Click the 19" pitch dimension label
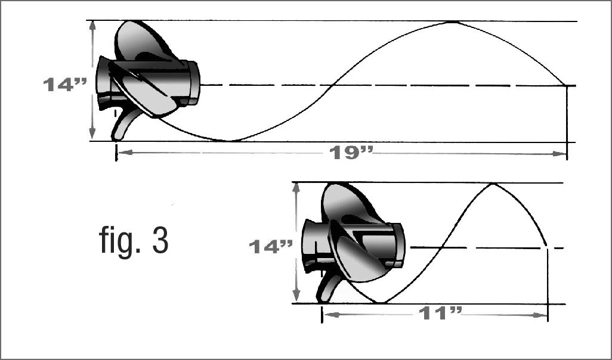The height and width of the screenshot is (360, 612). click(351, 153)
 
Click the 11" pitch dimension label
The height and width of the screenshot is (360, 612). click(440, 313)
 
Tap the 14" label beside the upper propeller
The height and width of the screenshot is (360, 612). click(65, 85)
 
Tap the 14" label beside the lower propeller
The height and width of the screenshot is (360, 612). click(270, 247)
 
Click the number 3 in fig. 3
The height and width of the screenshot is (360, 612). click(160, 240)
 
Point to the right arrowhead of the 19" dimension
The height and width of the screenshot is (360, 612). click(561, 154)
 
